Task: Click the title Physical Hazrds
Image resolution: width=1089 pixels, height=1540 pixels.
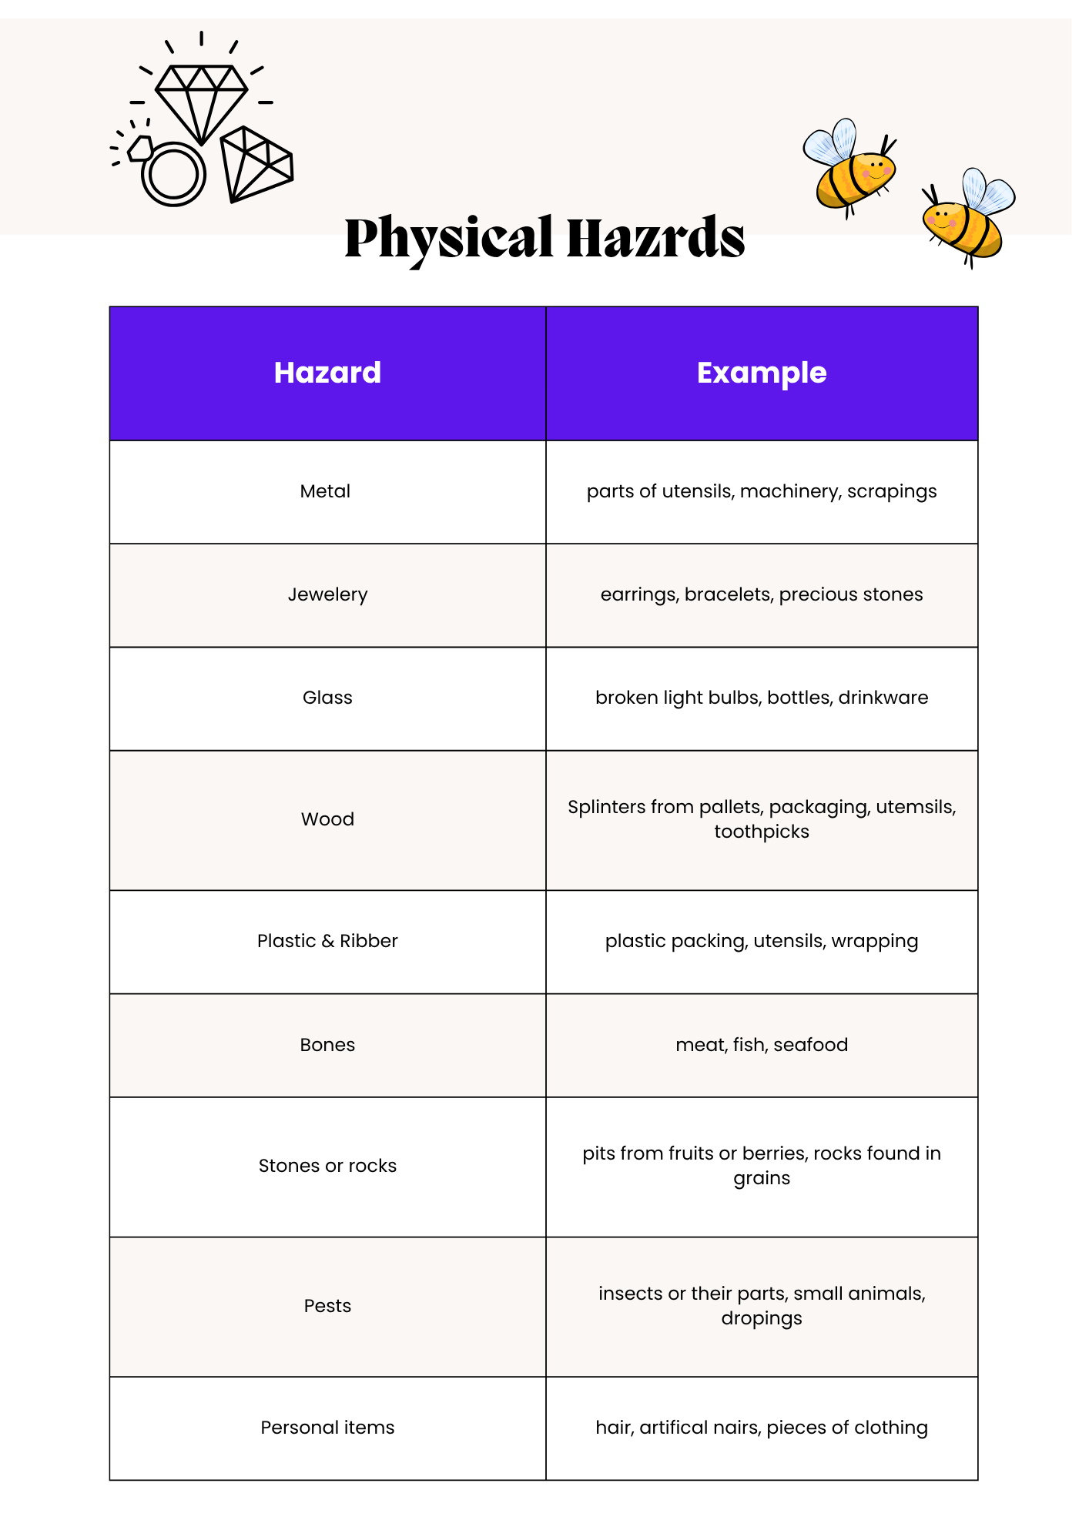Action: (544, 237)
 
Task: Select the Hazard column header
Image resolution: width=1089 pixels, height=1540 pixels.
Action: (327, 373)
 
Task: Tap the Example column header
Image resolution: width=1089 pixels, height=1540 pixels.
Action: (761, 373)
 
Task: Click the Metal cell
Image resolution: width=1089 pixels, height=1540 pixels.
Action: (325, 491)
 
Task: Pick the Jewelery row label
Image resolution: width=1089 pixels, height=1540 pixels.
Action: (327, 594)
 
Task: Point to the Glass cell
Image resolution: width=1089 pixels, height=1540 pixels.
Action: (327, 698)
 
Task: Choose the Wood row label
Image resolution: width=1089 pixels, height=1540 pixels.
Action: (327, 819)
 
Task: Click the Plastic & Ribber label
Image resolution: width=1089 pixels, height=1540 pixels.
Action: (327, 941)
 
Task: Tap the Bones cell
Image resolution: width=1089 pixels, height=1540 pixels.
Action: (327, 1045)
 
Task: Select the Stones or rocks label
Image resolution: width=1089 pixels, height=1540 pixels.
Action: (327, 1166)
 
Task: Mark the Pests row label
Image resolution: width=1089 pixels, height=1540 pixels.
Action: (327, 1306)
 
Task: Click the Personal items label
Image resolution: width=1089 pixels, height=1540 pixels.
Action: (327, 1428)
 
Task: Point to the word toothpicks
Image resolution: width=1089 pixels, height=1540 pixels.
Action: (761, 832)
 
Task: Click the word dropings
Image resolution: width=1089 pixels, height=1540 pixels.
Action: (761, 1318)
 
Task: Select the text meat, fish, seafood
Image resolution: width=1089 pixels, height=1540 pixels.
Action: (761, 1045)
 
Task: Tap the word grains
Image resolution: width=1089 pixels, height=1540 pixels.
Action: (761, 1178)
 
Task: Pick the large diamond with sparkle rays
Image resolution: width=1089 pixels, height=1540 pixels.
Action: (201, 100)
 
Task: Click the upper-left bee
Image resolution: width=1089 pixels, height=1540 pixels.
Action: (849, 166)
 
